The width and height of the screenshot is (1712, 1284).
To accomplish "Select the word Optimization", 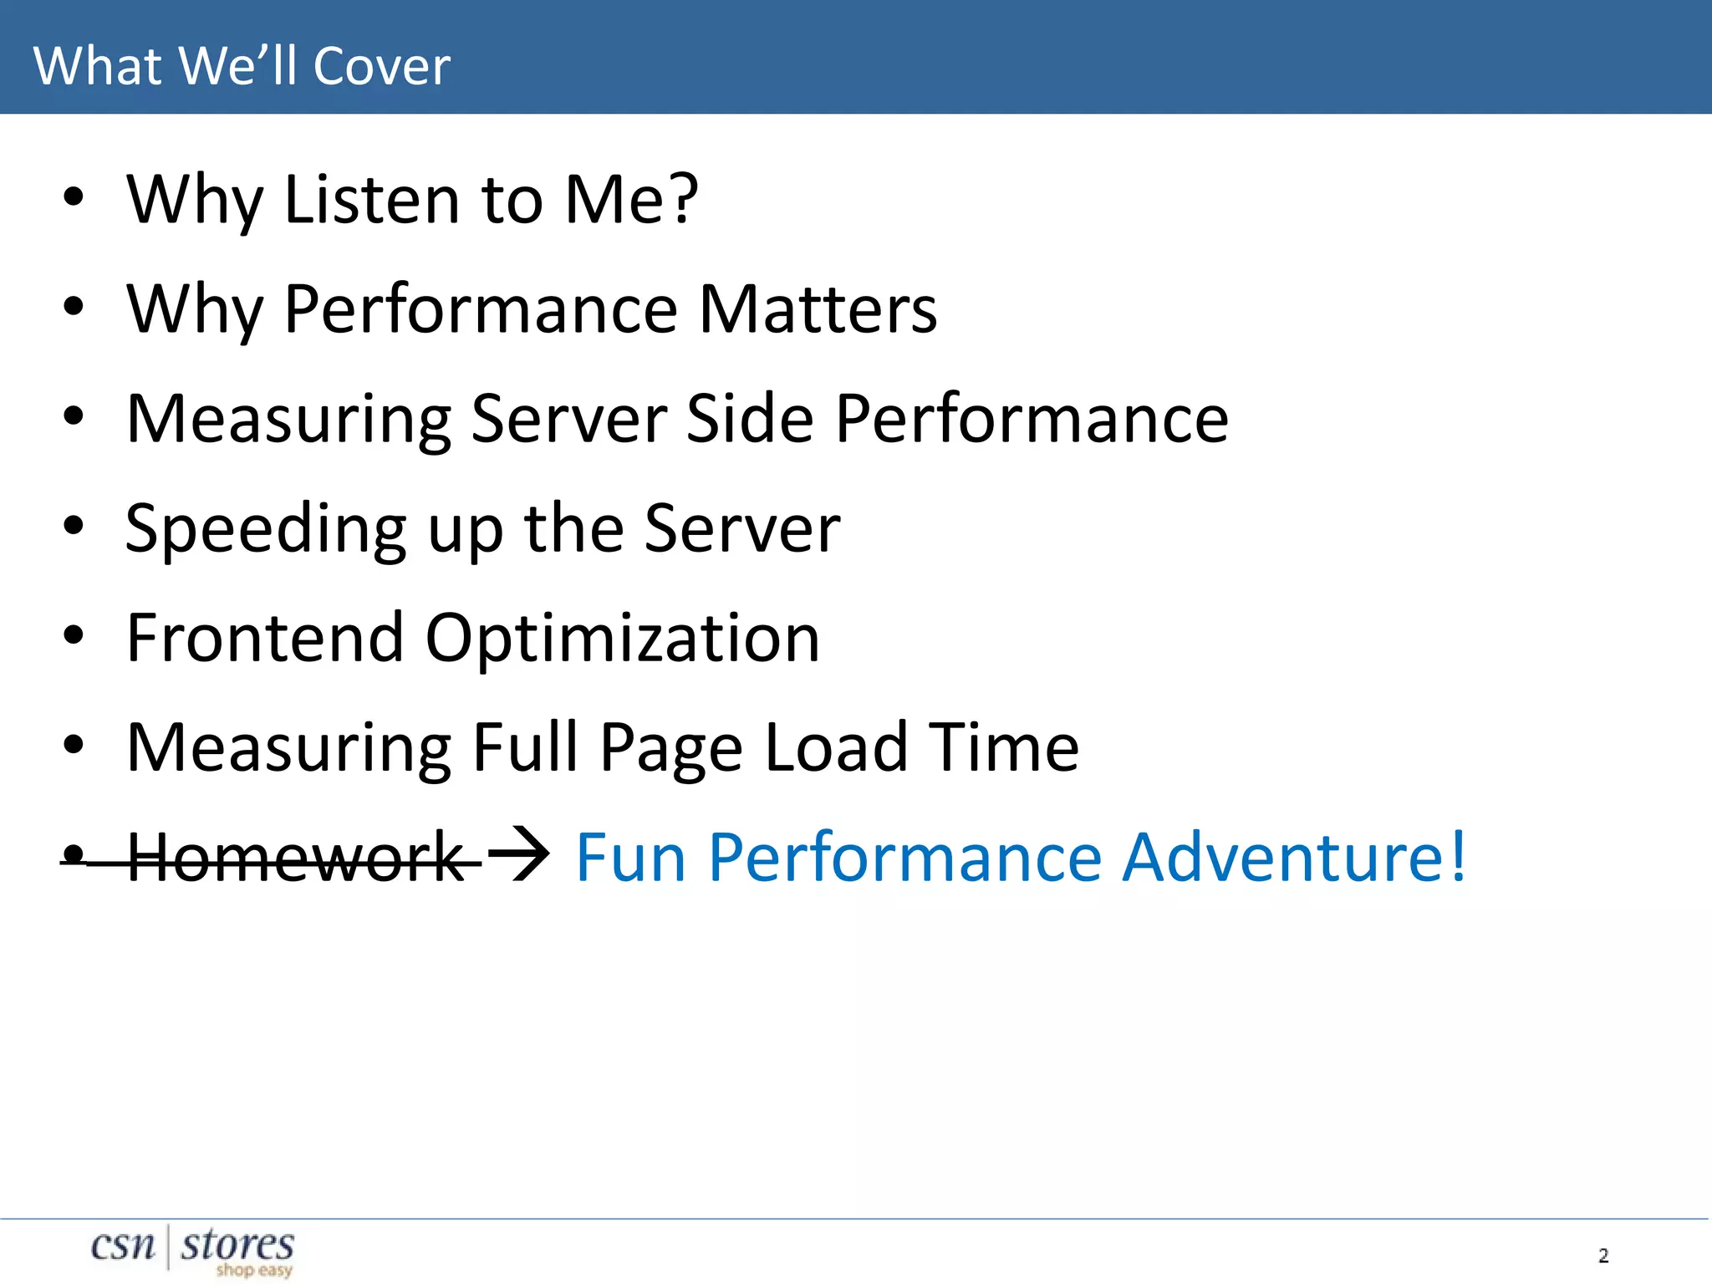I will coord(622,639).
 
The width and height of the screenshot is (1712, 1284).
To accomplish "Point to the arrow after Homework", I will coord(518,854).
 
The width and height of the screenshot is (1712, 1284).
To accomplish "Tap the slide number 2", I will coord(1602,1256).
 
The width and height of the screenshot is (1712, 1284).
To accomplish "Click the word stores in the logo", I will coord(237,1245).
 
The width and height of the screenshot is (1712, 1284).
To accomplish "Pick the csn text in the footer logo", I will coord(123,1246).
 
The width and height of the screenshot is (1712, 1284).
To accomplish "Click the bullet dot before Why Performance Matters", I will coord(74,307).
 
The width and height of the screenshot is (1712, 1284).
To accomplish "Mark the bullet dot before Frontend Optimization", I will coord(74,635).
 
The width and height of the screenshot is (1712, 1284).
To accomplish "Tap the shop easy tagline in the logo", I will coord(254,1271).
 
